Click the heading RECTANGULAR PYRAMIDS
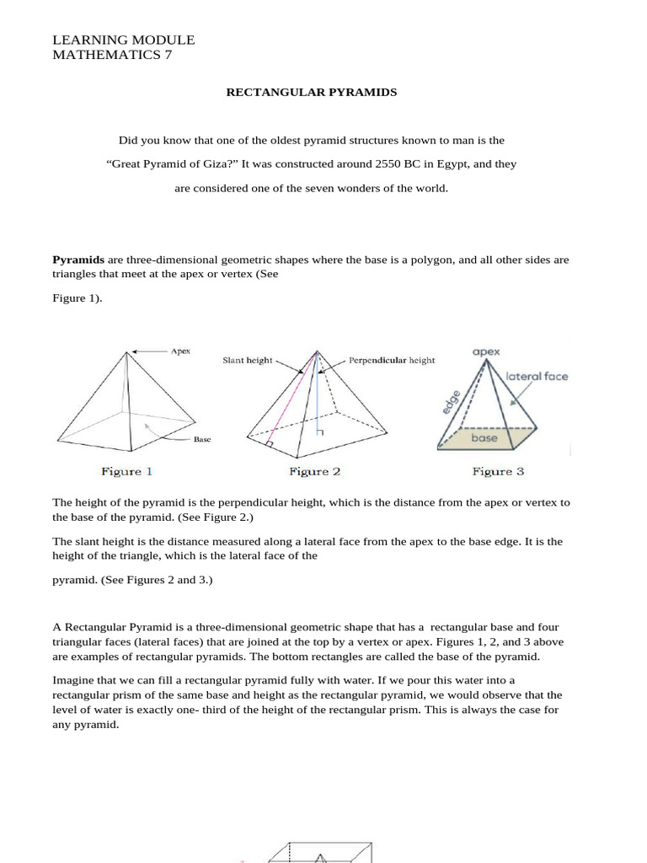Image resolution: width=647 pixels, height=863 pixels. point(311,92)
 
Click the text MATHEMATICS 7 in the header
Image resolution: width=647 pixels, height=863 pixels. point(111,56)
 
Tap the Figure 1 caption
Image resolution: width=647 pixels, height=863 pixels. point(126,471)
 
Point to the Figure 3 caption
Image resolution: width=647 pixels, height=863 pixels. point(498,471)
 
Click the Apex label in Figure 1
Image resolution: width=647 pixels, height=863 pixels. point(180,351)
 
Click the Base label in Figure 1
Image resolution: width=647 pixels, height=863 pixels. point(202,439)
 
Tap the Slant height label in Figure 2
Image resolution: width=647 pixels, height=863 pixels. point(247,360)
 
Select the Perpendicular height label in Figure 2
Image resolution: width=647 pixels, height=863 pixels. point(392,360)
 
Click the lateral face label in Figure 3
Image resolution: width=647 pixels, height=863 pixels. point(537,376)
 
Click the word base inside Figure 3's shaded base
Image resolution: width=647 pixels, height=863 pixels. point(484,438)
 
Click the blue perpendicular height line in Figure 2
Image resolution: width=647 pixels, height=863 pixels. point(318,396)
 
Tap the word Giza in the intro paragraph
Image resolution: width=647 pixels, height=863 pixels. point(223,164)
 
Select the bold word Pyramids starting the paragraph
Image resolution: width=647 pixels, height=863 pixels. point(78,260)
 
